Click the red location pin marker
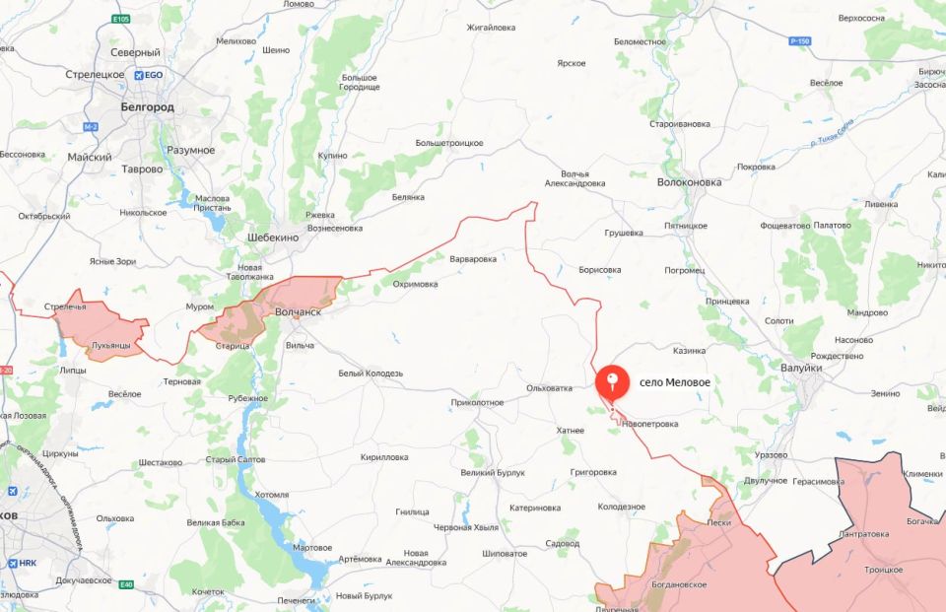pyautogui.click(x=612, y=380)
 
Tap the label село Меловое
pyautogui.click(x=674, y=381)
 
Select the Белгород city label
pyautogui.click(x=147, y=106)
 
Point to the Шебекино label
pyautogui.click(x=272, y=237)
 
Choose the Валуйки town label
pyautogui.click(x=799, y=367)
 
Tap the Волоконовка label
pyautogui.click(x=689, y=182)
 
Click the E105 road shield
pyautogui.click(x=121, y=19)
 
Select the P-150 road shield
pyautogui.click(x=799, y=40)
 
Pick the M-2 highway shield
pyautogui.click(x=91, y=127)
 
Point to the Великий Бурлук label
pyautogui.click(x=493, y=473)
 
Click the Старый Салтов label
pyautogui.click(x=236, y=460)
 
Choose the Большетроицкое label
pyautogui.click(x=448, y=143)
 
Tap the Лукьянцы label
pyautogui.click(x=109, y=346)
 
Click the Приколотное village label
pyautogui.click(x=477, y=402)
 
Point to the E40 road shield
pyautogui.click(x=125, y=585)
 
